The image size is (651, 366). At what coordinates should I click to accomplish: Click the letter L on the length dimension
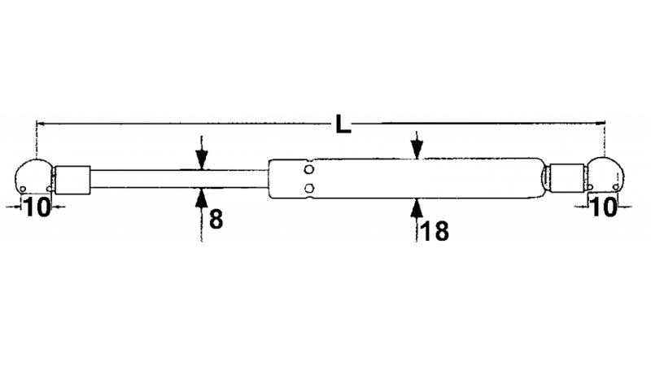(343, 124)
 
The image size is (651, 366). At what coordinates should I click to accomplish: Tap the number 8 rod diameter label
(216, 220)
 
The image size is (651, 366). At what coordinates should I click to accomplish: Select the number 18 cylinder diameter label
(435, 231)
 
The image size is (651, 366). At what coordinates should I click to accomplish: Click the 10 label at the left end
(37, 207)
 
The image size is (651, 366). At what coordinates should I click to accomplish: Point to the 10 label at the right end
(603, 207)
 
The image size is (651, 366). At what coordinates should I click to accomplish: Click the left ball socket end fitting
(33, 177)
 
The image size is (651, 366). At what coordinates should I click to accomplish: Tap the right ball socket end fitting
(606, 174)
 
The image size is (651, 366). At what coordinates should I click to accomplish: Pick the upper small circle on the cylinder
(309, 169)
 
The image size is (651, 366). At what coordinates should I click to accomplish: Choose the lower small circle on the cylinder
(309, 189)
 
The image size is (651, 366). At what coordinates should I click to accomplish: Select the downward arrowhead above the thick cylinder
(417, 150)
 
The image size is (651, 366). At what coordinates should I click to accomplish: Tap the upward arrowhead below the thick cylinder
(417, 208)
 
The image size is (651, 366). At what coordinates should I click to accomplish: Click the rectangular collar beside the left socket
(72, 180)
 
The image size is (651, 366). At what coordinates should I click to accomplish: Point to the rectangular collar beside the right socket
(567, 178)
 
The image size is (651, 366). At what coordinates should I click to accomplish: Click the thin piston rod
(179, 179)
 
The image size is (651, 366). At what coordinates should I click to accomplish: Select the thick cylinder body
(404, 178)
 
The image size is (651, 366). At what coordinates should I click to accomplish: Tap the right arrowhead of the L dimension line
(601, 123)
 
